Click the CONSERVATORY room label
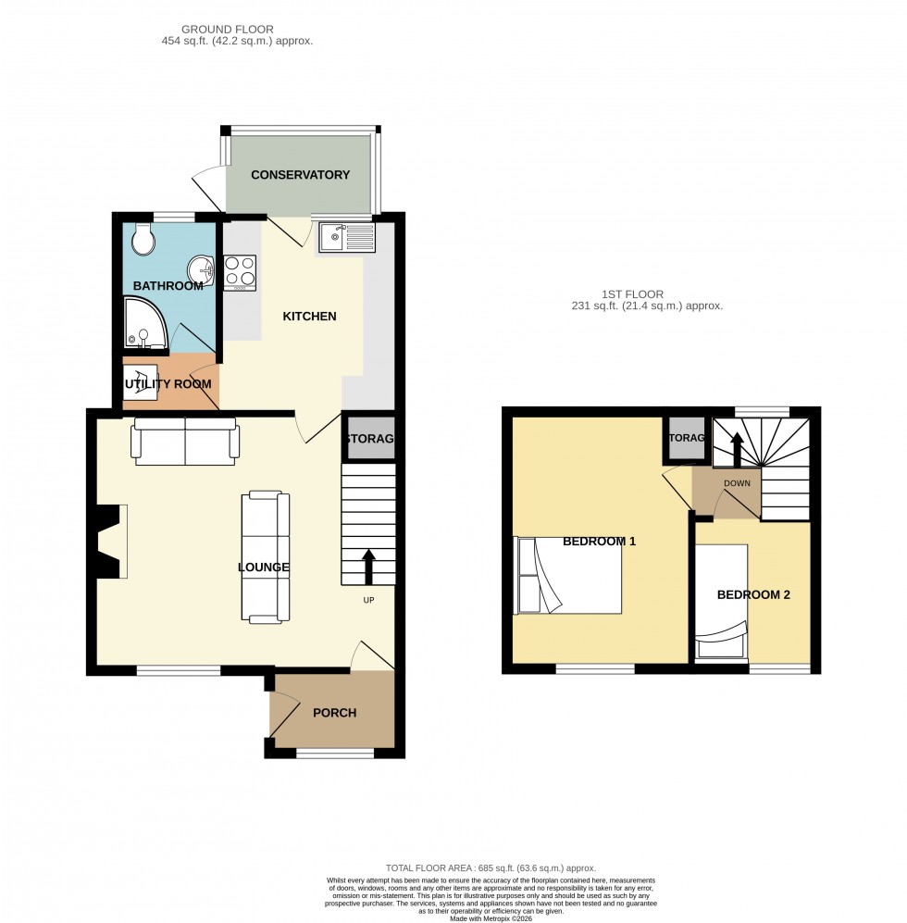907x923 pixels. tap(300, 175)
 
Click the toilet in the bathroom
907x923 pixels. tap(143, 239)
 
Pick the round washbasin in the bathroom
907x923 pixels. tap(201, 271)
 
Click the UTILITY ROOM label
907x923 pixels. tap(168, 383)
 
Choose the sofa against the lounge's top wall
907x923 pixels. tap(186, 441)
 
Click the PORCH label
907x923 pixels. tap(334, 713)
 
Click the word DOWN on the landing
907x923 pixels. tap(737, 483)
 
